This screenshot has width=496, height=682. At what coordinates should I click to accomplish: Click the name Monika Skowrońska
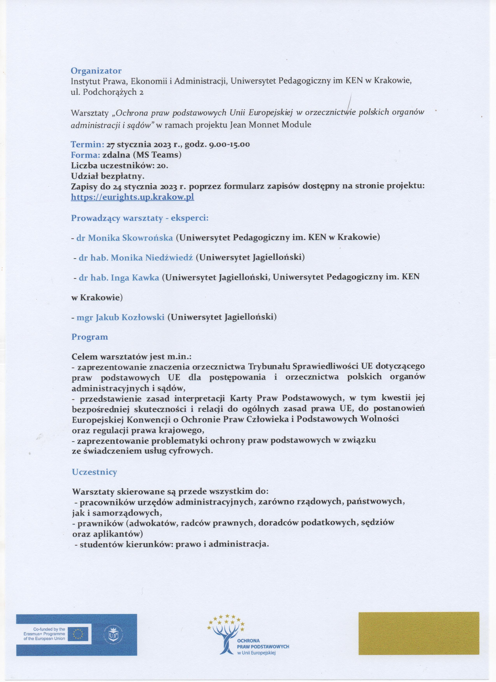125,238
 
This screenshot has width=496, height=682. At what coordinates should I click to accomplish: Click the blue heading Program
89,337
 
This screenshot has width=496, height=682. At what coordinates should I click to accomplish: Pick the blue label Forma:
85,155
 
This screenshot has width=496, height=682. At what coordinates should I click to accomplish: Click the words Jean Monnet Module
270,125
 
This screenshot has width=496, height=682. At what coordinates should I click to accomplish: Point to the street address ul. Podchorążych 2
107,92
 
